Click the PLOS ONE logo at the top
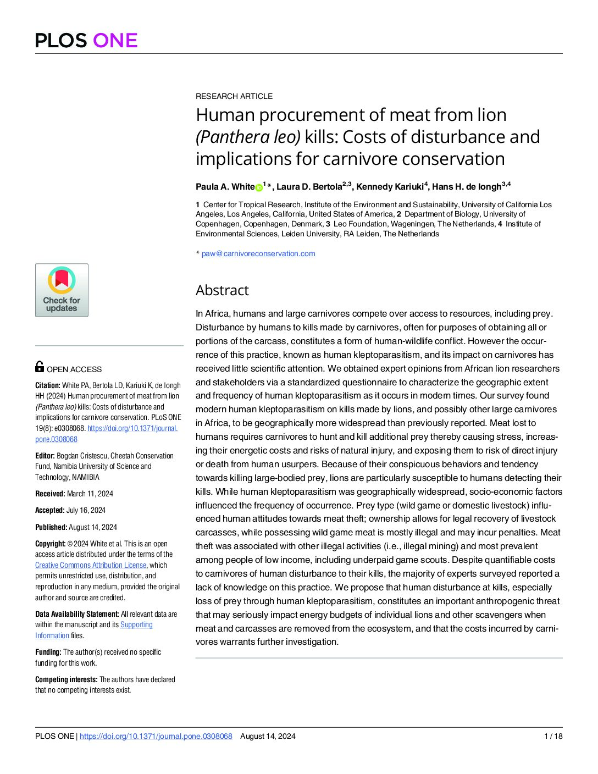[86, 40]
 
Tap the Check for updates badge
[62, 290]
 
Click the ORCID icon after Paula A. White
[259, 187]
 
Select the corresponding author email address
[258, 253]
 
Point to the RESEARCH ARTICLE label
[234, 96]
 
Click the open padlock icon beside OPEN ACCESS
[40, 367]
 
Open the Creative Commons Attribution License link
[91, 565]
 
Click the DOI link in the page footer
[156, 736]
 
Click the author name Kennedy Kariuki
[390, 187]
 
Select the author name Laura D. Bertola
[309, 187]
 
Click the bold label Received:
[50, 494]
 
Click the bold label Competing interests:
[67, 679]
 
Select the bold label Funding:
[48, 652]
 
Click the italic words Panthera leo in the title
[248, 137]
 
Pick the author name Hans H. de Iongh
[467, 187]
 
